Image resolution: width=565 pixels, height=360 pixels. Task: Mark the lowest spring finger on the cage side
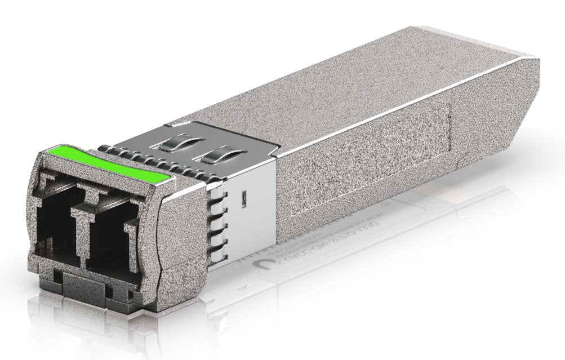click(x=214, y=251)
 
